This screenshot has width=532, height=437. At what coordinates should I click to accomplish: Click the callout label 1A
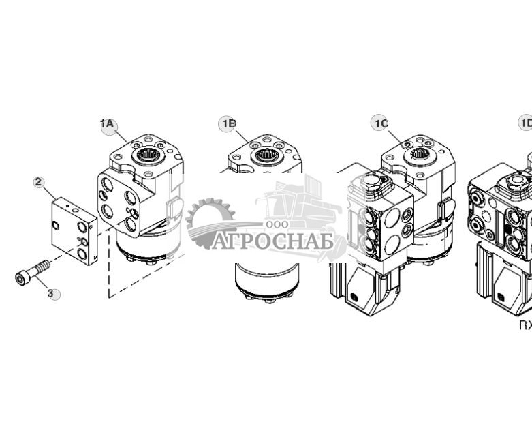point(108,124)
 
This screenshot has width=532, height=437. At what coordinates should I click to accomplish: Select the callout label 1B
point(228,123)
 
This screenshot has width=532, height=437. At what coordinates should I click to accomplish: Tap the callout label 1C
point(380,123)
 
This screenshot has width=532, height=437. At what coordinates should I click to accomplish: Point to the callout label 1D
point(525,123)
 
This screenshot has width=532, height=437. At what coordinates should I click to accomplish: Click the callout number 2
point(39,181)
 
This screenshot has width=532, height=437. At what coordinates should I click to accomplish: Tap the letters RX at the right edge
point(525,325)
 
